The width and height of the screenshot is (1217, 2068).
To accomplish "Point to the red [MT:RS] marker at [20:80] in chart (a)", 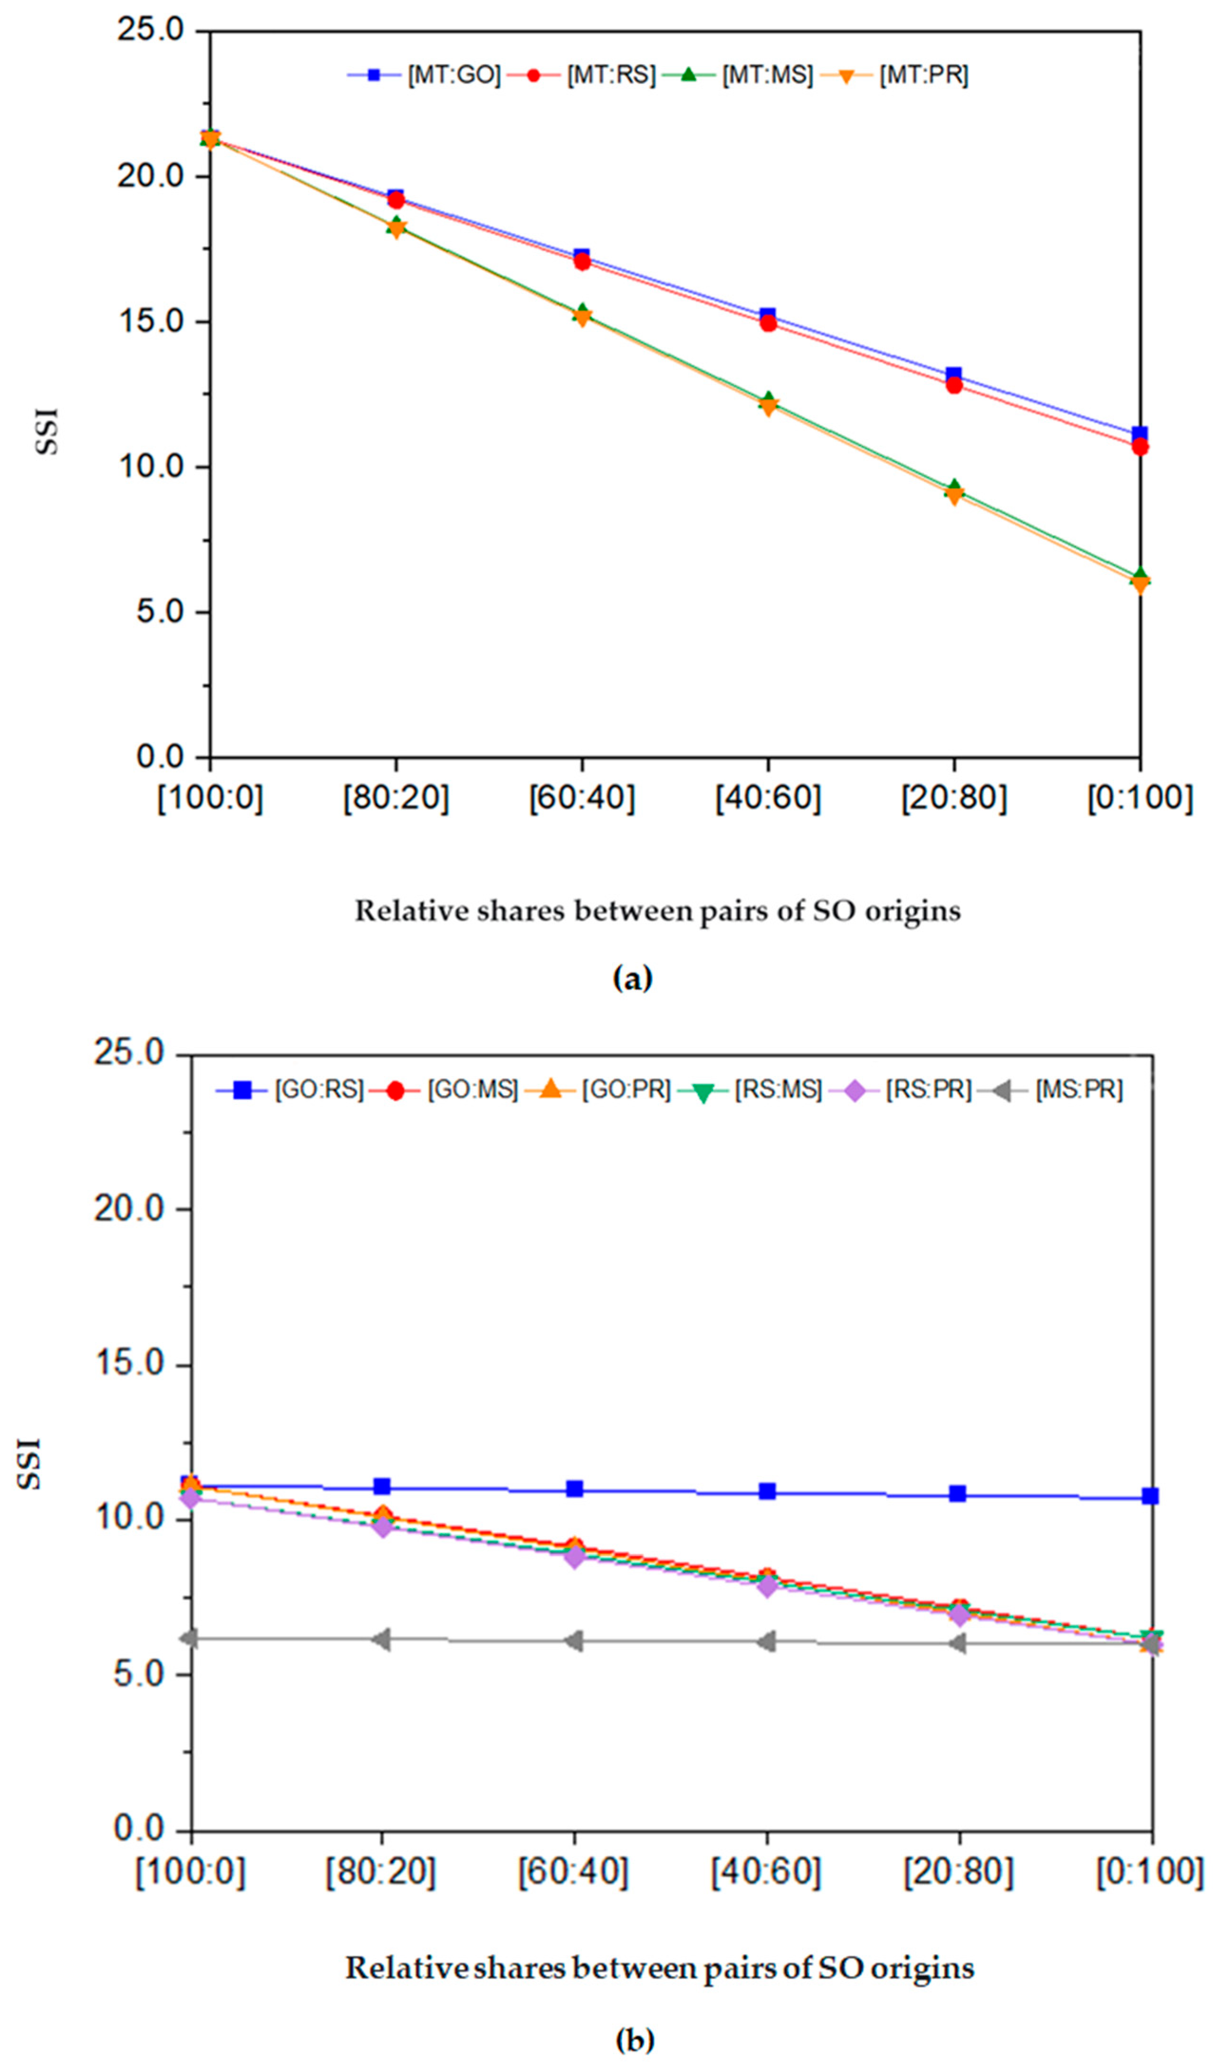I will [953, 384].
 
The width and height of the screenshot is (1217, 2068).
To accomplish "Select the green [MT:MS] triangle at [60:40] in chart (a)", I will [582, 312].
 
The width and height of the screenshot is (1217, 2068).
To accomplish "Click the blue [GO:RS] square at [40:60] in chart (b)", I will [767, 1491].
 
